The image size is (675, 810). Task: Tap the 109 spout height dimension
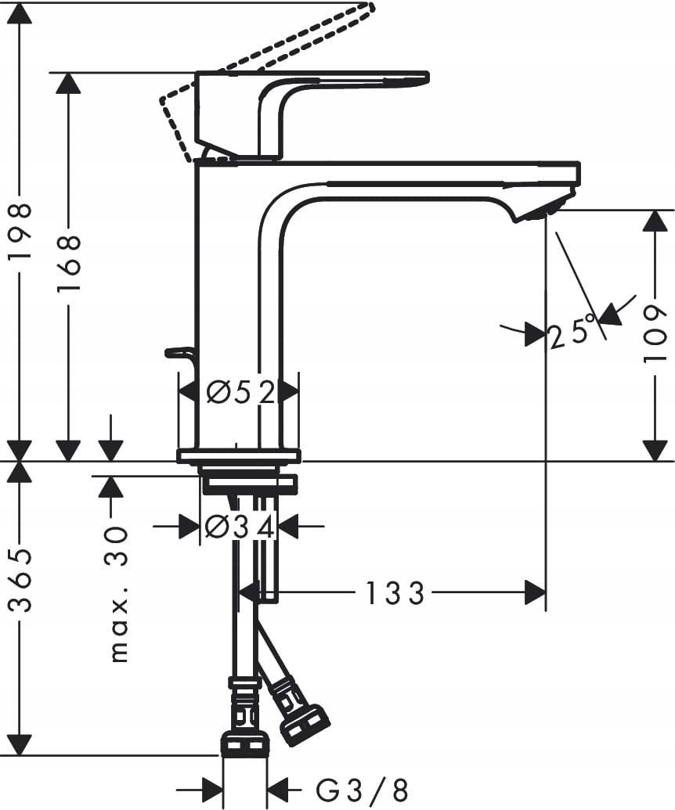pos(655,335)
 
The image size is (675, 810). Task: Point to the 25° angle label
pos(571,333)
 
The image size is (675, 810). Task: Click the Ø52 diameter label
pos(240,392)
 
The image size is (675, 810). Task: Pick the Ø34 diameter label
pos(239,527)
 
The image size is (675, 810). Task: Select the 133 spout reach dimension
pos(395,593)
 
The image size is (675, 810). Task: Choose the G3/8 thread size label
pos(362,789)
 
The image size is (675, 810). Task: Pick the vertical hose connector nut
pos(245,743)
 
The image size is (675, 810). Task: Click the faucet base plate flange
pos(238,455)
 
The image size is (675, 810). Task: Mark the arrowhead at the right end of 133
pos(536,593)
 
